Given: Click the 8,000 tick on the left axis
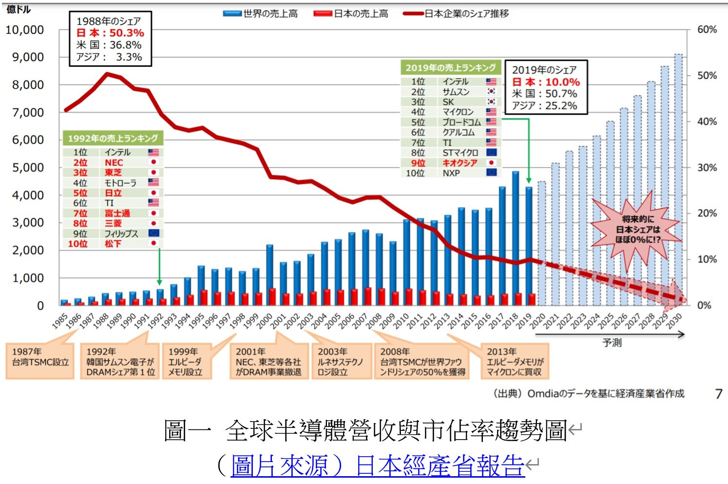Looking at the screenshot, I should pyautogui.click(x=28, y=85).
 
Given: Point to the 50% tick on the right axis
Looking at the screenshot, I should pyautogui.click(x=707, y=76).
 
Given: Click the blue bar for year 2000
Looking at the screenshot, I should pyautogui.click(x=269, y=273).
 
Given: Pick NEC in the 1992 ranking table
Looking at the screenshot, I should pyautogui.click(x=114, y=163).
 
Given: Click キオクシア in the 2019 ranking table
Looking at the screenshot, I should pyautogui.click(x=460, y=163).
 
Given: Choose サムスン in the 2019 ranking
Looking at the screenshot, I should pyautogui.click(x=456, y=92).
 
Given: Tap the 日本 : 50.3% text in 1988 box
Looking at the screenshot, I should pyautogui.click(x=111, y=33).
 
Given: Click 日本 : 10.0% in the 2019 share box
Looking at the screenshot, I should pyautogui.click(x=546, y=82).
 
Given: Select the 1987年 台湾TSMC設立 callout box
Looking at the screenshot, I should pyautogui.click(x=40, y=361).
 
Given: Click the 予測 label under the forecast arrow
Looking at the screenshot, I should pyautogui.click(x=612, y=343).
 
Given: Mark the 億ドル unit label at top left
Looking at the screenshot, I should pyautogui.click(x=19, y=9).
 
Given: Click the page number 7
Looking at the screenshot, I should pyautogui.click(x=718, y=393).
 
